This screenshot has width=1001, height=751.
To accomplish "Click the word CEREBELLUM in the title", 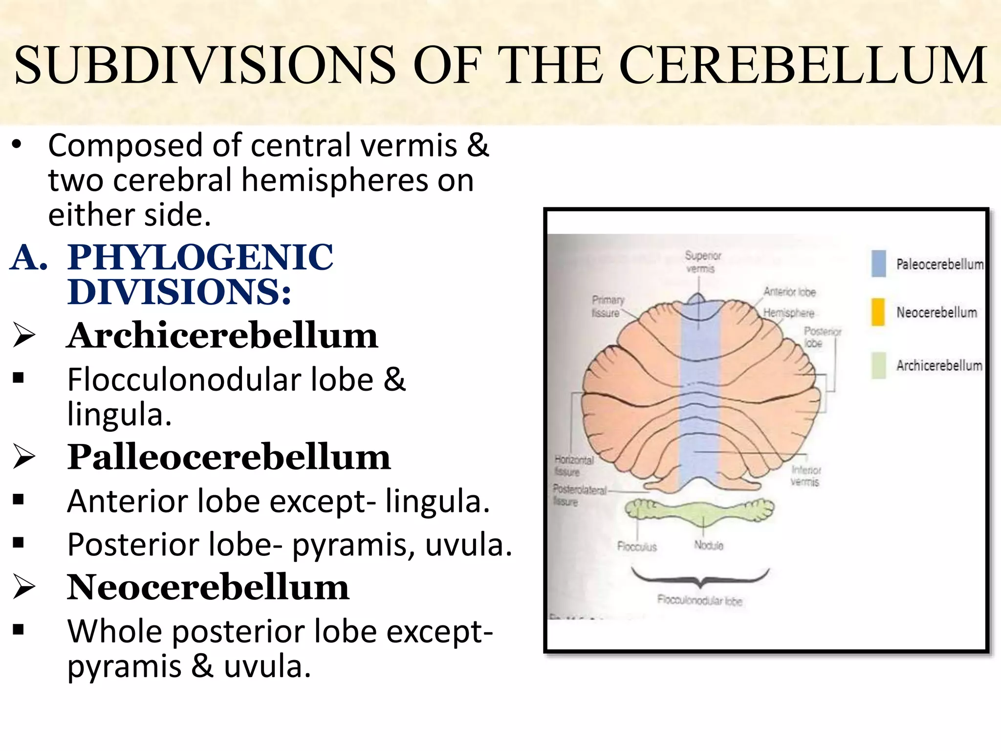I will [x=803, y=65].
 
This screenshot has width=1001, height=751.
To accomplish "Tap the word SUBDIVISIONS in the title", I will [x=204, y=65].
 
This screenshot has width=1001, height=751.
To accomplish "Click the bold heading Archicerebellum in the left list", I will [x=222, y=336].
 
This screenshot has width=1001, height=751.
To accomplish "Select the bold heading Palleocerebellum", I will [x=229, y=457].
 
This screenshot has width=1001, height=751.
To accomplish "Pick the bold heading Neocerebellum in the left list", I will [x=208, y=587].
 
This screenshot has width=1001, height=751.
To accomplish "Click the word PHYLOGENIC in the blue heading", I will [x=200, y=257].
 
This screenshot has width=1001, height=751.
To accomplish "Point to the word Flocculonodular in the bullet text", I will [x=183, y=380].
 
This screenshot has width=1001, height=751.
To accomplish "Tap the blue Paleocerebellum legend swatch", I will [x=878, y=264].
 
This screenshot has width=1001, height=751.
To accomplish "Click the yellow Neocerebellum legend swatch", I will [x=878, y=312].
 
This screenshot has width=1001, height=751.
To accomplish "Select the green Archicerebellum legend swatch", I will [x=878, y=365].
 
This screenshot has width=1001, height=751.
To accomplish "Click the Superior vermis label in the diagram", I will [x=702, y=262].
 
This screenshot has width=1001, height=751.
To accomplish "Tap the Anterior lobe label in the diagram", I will [x=789, y=292].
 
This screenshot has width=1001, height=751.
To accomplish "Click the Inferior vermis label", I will [x=805, y=476].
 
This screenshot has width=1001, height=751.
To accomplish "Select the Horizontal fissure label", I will [x=573, y=466].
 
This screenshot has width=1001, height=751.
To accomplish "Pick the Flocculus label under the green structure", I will [x=637, y=547].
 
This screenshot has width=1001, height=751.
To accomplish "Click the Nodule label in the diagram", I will [x=708, y=545].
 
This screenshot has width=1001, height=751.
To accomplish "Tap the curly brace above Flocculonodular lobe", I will [x=700, y=577].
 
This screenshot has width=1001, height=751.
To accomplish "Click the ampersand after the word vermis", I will [x=478, y=145].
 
